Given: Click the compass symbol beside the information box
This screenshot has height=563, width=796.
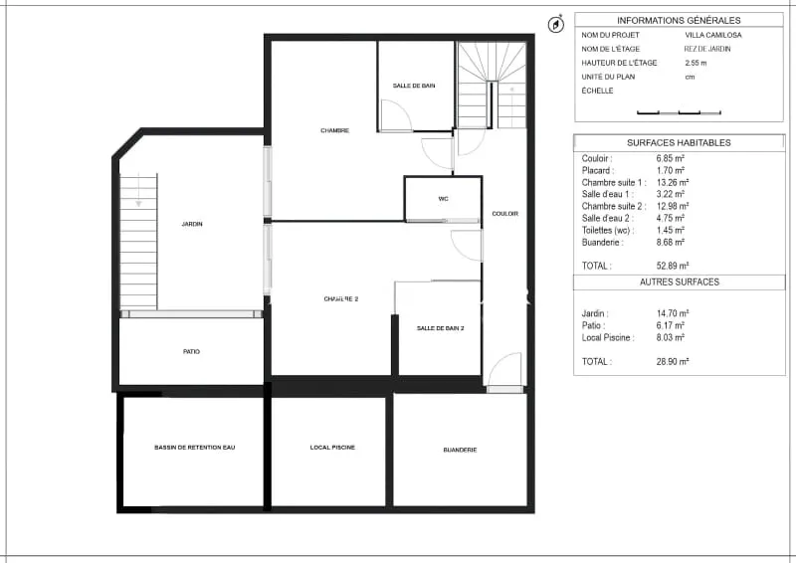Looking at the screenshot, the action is point(556,24).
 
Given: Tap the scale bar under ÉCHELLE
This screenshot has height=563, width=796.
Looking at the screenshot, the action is point(679,112).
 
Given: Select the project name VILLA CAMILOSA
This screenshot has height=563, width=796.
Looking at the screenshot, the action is point(713,35).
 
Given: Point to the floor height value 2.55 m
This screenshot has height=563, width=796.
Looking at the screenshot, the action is point(696,63).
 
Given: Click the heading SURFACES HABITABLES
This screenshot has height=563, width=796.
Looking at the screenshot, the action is point(679,143).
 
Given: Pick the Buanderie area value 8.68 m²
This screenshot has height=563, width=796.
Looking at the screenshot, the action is point(670,242).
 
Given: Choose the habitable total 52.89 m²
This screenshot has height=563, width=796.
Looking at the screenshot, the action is point(673,266).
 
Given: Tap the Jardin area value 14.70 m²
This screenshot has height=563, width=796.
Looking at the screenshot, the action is point(673,313).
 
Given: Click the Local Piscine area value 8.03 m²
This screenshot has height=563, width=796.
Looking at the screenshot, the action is point(670,337).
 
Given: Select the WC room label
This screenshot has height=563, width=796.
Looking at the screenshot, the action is point(443,199).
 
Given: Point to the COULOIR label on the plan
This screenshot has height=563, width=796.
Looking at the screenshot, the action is point(505,214).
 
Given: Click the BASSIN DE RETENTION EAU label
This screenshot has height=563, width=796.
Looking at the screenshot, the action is point(194,448).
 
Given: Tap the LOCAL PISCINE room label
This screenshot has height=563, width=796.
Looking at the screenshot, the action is point(332,448).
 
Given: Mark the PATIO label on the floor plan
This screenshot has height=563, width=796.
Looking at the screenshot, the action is point(191,351).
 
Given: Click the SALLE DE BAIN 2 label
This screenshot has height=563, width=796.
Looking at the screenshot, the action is point(440,328).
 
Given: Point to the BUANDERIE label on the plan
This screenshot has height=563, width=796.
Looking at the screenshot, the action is point(460,450).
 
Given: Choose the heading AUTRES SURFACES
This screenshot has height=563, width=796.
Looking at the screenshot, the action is point(680,282).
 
